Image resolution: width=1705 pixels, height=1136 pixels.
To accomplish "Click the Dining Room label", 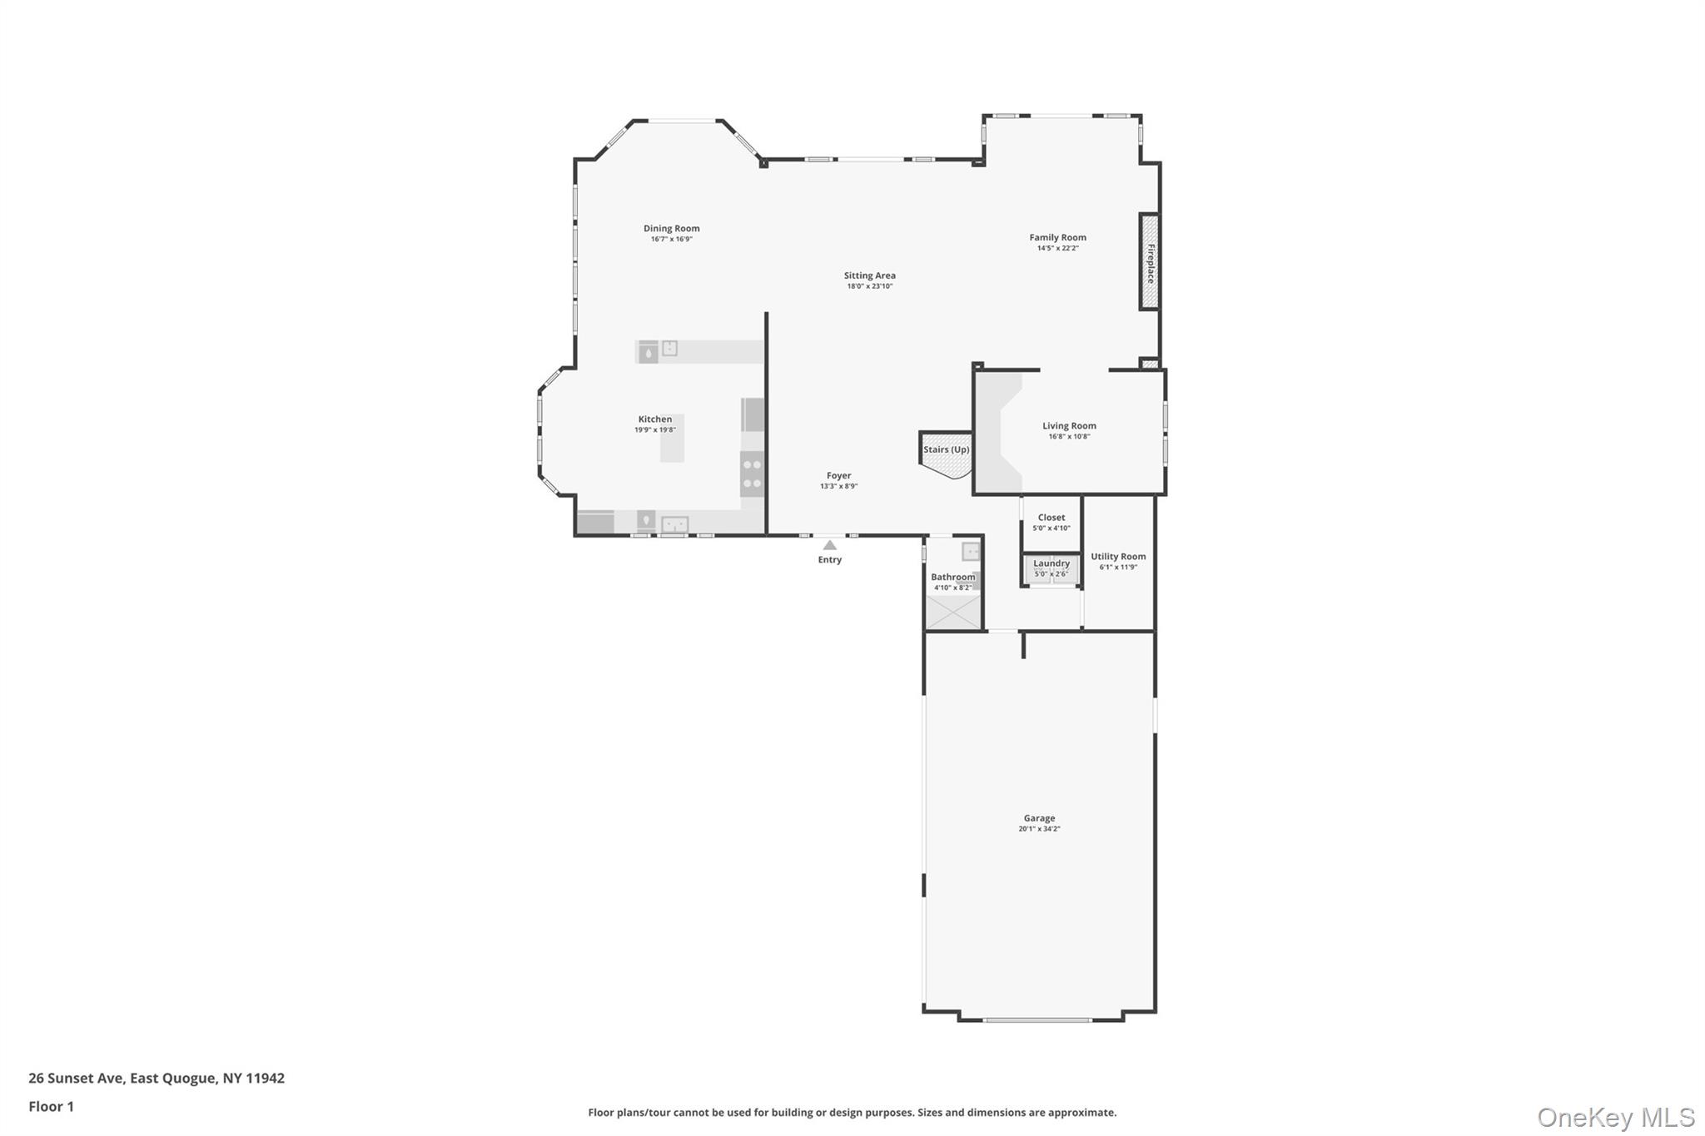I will click(x=671, y=228).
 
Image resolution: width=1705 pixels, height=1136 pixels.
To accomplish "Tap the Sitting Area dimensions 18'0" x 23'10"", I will click(x=870, y=286).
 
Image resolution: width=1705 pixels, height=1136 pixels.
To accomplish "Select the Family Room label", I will click(x=1057, y=237).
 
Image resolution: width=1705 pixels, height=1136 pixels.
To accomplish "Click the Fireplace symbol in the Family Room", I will click(x=1150, y=262).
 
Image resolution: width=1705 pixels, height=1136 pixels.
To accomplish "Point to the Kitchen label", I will click(x=655, y=419).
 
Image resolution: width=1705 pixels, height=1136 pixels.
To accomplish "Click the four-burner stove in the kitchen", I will click(x=752, y=474).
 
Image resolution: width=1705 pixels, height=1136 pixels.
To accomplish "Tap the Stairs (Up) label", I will click(x=947, y=449).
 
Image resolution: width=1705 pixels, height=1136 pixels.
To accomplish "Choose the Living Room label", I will click(x=1069, y=425).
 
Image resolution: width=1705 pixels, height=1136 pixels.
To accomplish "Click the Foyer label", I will click(x=838, y=476).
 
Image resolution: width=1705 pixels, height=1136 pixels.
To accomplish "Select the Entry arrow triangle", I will click(x=830, y=545).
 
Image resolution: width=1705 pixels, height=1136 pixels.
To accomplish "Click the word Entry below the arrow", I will click(x=830, y=560).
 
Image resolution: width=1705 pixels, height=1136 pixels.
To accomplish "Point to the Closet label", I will click(x=1051, y=518).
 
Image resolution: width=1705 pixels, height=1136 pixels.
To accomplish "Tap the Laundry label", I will click(x=1051, y=563).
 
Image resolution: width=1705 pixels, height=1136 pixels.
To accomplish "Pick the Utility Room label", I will click(x=1118, y=557).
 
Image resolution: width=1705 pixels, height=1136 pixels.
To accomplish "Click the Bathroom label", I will click(x=952, y=577).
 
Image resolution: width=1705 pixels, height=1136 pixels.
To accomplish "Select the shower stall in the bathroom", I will click(x=954, y=613).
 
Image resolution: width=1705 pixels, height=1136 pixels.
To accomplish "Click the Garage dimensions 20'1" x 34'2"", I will click(x=1039, y=829).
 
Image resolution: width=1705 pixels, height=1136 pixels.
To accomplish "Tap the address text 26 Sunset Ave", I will click(x=77, y=1078).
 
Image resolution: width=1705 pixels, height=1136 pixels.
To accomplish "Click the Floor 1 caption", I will click(x=51, y=1106).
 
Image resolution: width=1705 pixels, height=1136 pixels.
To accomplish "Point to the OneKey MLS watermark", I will click(x=1615, y=1117).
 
